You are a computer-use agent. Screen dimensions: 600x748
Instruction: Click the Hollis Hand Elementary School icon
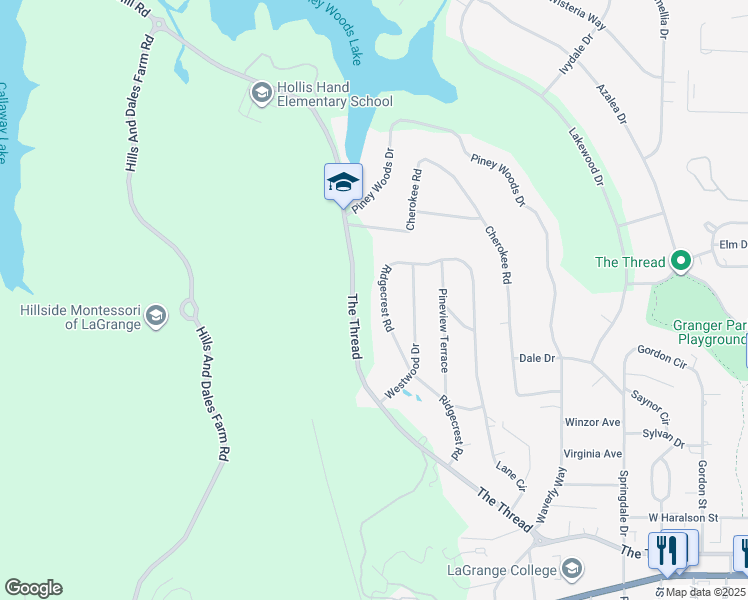[x=261, y=93]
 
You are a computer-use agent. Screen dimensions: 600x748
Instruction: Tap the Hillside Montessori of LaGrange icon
[x=155, y=317]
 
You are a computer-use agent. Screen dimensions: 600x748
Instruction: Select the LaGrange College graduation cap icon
[x=572, y=570]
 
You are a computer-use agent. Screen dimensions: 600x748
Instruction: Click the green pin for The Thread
[x=681, y=262]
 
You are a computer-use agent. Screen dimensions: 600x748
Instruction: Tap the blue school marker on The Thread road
[x=342, y=183]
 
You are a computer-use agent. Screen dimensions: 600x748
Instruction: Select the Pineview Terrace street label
[x=443, y=328]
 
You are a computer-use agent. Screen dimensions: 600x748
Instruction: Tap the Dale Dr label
[x=536, y=358]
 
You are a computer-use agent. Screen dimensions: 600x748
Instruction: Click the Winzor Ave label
[x=592, y=422]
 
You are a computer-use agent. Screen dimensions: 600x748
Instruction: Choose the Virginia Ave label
[x=592, y=453]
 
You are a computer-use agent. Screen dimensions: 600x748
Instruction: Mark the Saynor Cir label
[x=650, y=402]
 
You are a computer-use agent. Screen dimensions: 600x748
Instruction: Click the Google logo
[x=33, y=588]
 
